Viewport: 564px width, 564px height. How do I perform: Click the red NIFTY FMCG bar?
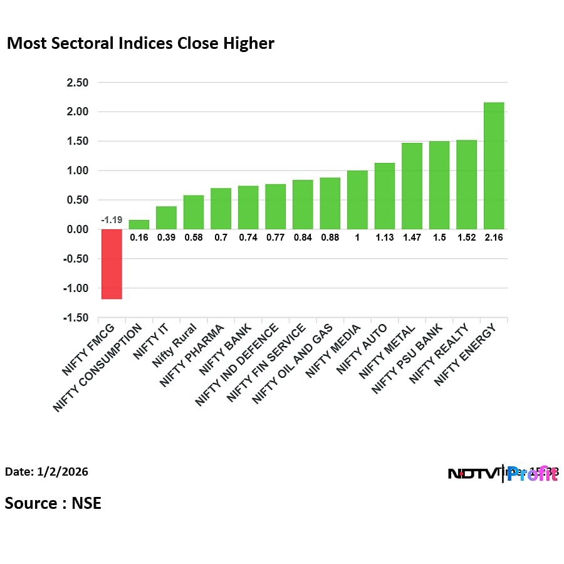[112, 264]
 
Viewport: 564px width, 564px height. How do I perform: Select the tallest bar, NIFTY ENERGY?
[494, 165]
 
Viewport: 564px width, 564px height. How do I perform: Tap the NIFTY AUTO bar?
[385, 196]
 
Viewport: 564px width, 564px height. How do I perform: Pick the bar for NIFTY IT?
[166, 217]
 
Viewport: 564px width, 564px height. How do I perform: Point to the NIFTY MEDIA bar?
[357, 200]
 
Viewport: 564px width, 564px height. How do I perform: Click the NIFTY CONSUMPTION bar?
[138, 224]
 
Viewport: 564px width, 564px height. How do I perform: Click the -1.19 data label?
[111, 221]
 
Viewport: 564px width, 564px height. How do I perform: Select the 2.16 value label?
[494, 238]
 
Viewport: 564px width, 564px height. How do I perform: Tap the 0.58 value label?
[193, 238]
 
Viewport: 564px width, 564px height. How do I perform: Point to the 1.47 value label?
[412, 238]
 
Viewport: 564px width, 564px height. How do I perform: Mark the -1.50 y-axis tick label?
[75, 318]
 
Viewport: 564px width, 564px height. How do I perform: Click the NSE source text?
[86, 503]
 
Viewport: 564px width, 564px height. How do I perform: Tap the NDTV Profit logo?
[503, 474]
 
